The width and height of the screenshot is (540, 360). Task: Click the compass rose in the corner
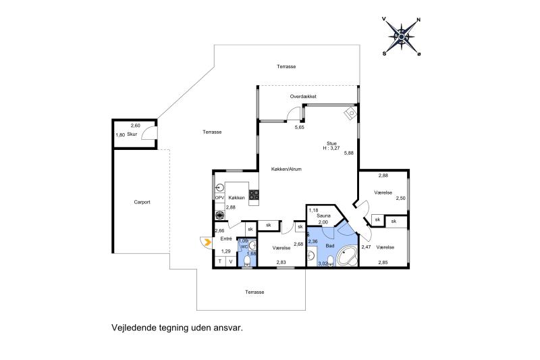402,36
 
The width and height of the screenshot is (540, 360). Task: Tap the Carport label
142,202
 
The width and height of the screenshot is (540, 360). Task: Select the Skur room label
132,134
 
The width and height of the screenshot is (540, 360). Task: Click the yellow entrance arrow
207,242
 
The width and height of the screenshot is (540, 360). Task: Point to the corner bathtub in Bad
347,256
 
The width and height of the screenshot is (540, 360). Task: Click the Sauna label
324,215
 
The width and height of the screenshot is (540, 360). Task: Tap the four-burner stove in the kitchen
254,195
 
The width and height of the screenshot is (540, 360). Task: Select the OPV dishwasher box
219,198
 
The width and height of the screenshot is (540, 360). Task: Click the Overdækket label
303,97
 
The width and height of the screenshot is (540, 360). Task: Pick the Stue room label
331,143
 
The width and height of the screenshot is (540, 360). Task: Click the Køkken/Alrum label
286,169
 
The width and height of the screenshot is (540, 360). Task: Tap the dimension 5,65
299,127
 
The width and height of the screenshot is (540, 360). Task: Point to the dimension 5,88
349,153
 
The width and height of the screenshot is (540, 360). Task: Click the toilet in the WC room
247,261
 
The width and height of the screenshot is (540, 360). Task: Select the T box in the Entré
220,261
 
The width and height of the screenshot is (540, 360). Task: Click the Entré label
226,238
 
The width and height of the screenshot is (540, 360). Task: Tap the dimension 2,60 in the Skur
136,126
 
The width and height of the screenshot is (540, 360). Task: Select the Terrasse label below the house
254,292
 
